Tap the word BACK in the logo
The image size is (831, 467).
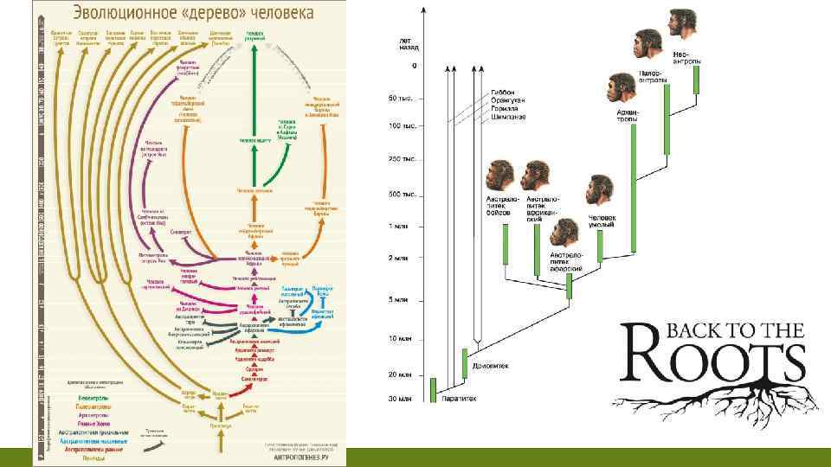pos(687,329)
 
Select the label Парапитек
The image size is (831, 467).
pos(456,399)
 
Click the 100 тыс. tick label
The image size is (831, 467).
pos(403,126)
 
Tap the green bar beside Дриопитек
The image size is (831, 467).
pos(464,362)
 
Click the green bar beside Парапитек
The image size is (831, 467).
pos(433,390)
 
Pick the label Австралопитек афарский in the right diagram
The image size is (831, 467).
pos(568,260)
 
